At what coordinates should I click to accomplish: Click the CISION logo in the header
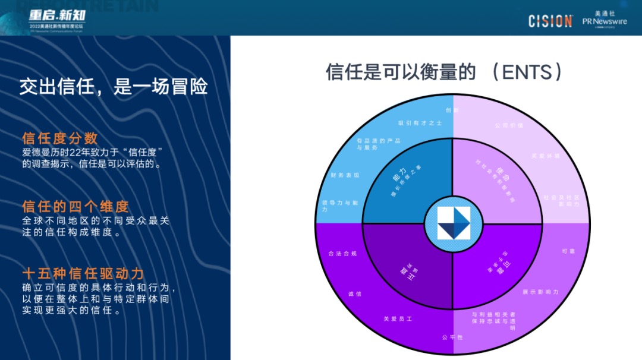(x=550, y=21)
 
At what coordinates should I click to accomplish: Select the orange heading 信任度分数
(x=60, y=138)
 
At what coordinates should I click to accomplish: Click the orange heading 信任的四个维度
(x=75, y=207)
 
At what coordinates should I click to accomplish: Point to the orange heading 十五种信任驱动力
(x=83, y=274)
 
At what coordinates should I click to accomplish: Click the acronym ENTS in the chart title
(x=525, y=72)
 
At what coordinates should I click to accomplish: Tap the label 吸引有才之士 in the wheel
(x=420, y=123)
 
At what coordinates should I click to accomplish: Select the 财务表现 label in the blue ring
(x=345, y=175)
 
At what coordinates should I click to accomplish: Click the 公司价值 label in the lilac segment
(x=509, y=126)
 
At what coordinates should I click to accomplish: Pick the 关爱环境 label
(x=546, y=156)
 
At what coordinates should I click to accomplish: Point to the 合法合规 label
(x=342, y=254)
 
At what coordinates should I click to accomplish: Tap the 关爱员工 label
(x=398, y=319)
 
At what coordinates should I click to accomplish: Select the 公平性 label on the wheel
(x=452, y=337)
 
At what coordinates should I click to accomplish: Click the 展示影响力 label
(x=540, y=292)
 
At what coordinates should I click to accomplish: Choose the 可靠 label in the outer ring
(x=568, y=251)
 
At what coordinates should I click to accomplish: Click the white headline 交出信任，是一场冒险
(x=113, y=87)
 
